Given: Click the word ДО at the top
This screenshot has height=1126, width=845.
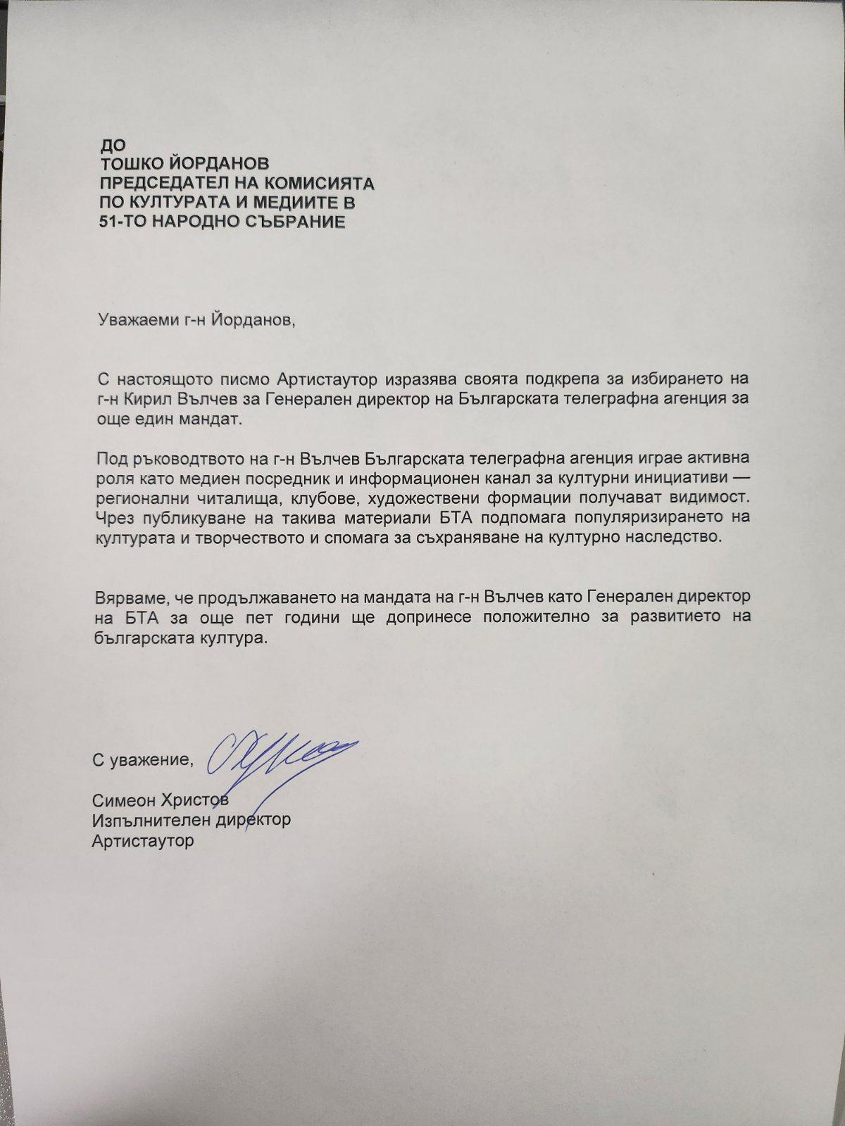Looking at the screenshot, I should click(x=113, y=147).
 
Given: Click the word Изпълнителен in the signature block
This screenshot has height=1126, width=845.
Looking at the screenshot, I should click(x=144, y=820).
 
